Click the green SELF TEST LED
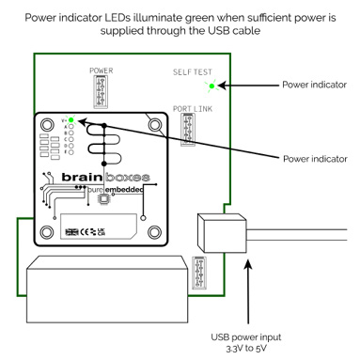[x=212, y=86]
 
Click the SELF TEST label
[x=194, y=71]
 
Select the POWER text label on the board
[x=101, y=70]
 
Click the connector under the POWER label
[x=102, y=92]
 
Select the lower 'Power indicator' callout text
[x=313, y=157]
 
